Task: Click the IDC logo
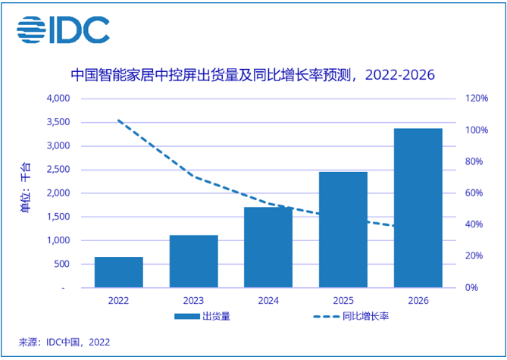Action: click(63, 30)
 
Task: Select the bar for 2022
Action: click(118, 272)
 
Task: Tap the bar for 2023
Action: click(193, 261)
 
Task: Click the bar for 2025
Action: click(343, 230)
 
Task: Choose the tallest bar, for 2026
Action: click(418, 208)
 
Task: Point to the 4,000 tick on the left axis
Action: click(57, 99)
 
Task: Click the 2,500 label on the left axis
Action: click(57, 170)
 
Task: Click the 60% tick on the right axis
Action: click(472, 193)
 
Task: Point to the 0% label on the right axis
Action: click(470, 288)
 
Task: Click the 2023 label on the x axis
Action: click(193, 300)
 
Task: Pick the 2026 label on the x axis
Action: click(418, 300)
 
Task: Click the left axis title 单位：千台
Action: click(26, 193)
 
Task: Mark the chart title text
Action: click(253, 75)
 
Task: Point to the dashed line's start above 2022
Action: click(118, 120)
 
